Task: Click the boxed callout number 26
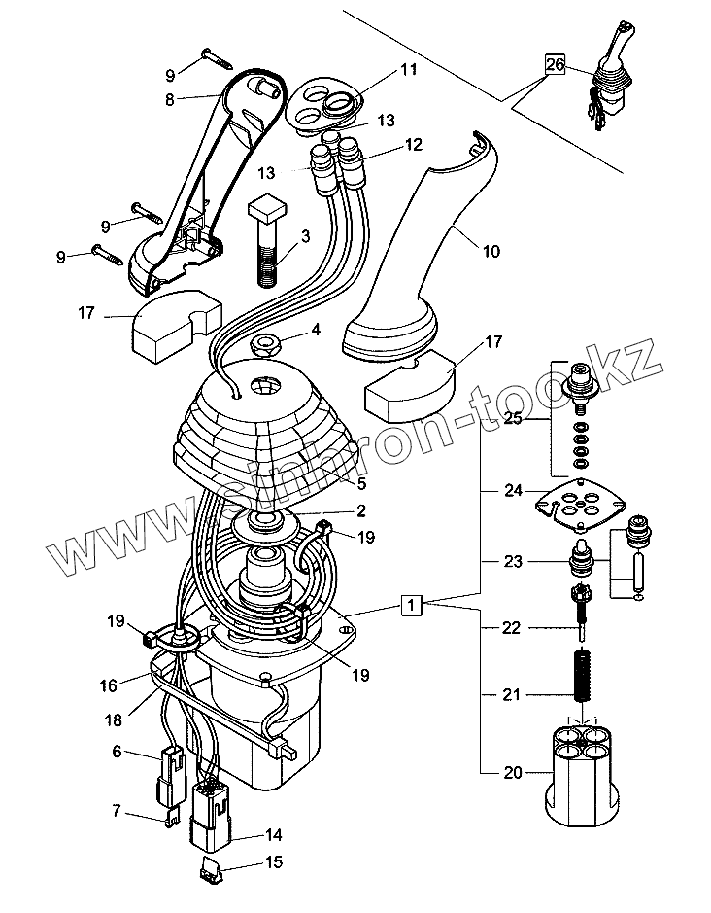point(555,65)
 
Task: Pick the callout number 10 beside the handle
point(491,251)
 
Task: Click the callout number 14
point(273,835)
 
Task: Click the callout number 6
point(117,751)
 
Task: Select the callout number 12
point(413,145)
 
